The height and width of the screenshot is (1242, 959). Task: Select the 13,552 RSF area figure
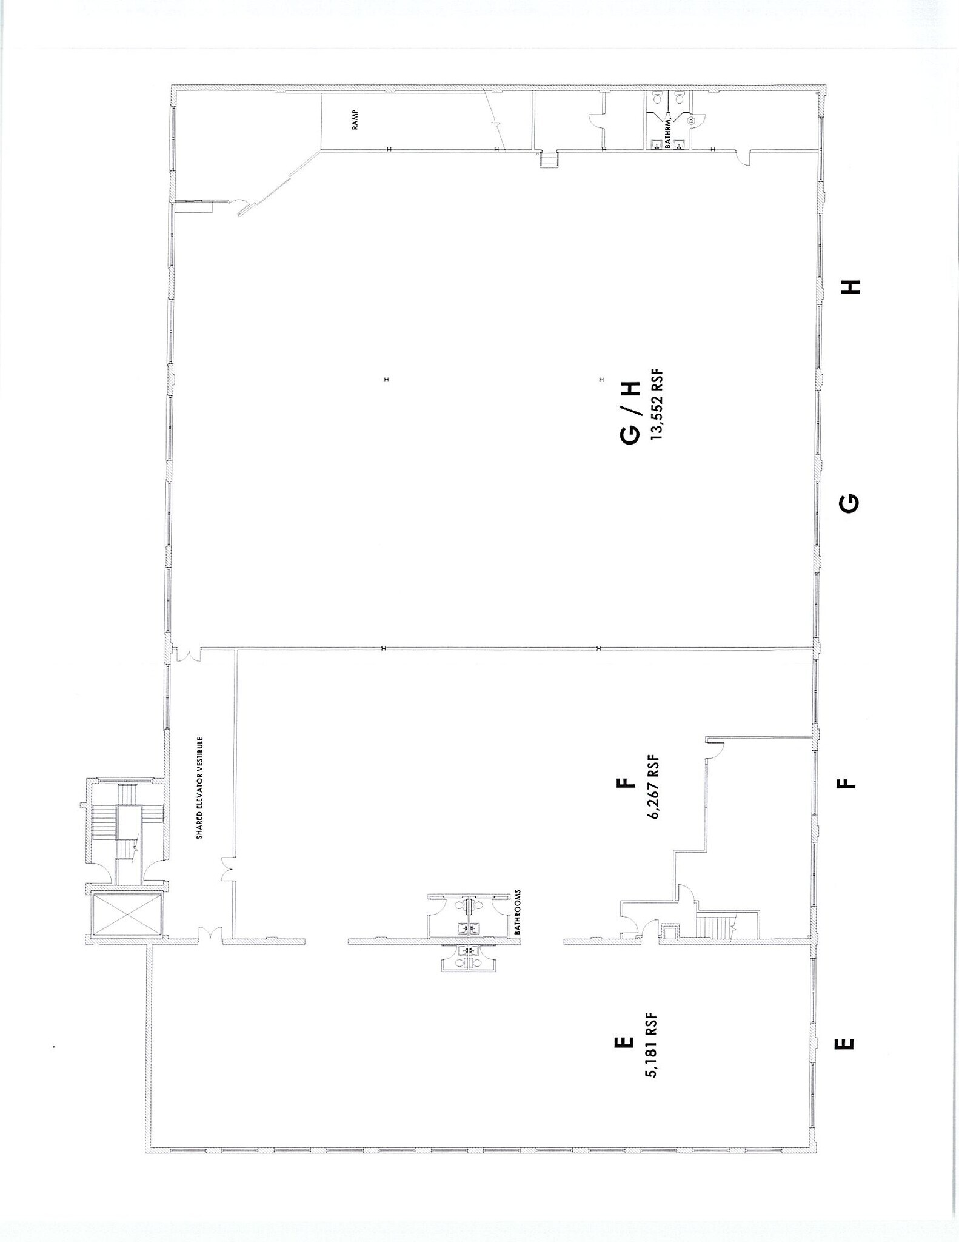[656, 406]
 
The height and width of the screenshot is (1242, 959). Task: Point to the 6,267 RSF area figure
[653, 787]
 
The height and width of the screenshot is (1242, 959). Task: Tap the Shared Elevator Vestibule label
[199, 788]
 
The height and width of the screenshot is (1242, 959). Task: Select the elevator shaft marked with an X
[127, 915]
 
